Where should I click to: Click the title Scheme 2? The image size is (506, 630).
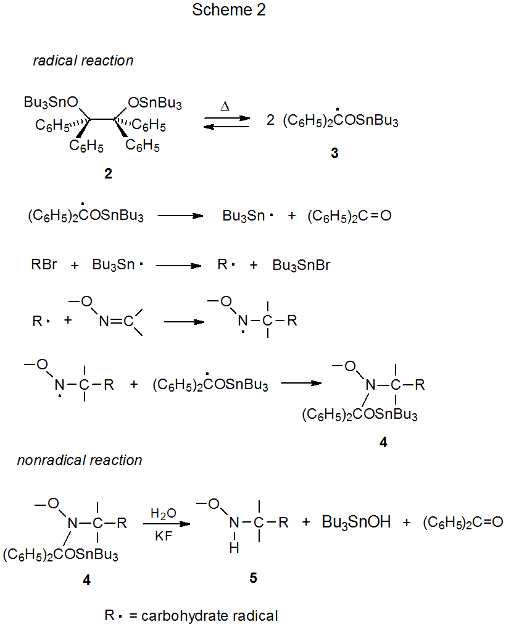pos(229,10)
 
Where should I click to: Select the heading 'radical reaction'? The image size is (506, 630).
pos(83,61)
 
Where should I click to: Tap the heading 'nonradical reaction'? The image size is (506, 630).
pos(80,460)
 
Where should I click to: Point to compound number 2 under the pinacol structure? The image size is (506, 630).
pos(108,174)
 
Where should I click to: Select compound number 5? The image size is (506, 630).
pos(254,578)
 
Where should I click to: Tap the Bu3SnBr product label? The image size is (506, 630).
pos(301,266)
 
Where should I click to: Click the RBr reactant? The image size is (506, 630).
pos(44,266)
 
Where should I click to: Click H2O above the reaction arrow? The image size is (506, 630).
pos(163,513)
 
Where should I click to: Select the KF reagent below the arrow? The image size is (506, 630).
pos(163,537)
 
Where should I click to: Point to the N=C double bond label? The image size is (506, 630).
pos(116,321)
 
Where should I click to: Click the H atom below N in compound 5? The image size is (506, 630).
pos(234,548)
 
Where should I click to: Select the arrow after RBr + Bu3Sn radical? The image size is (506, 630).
pos(179,266)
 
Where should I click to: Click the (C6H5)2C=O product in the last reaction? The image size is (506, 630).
pos(463,523)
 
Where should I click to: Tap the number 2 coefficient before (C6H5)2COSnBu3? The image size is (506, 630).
pos(270,121)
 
